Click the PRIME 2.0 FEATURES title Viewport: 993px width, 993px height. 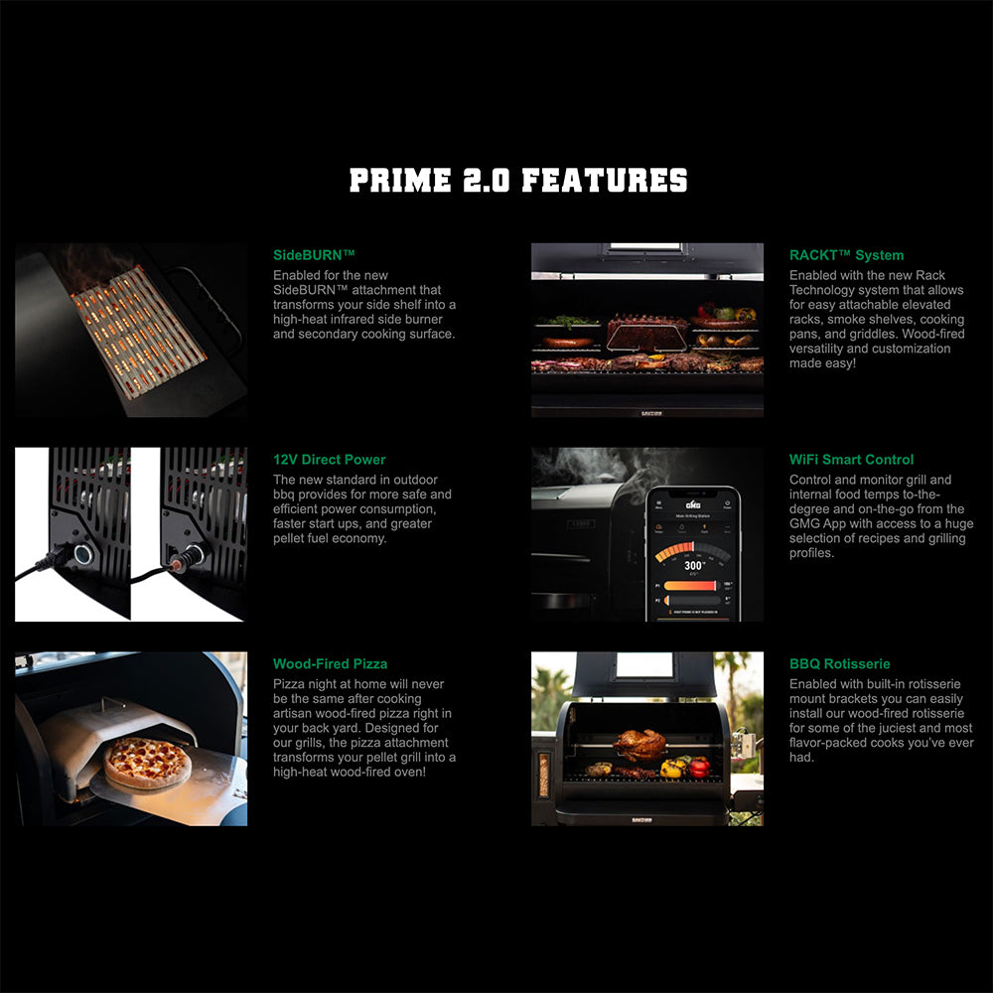pos(518,180)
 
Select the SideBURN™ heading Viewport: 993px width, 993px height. pos(314,255)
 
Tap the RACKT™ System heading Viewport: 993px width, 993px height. pos(846,255)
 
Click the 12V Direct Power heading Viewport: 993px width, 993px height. pos(329,460)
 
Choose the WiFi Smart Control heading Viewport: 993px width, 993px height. pos(851,460)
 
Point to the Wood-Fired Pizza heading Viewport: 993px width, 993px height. pos(330,664)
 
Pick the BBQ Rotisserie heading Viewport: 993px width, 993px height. pos(839,664)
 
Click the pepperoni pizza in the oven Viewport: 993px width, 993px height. pos(148,762)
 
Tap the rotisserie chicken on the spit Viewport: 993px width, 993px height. pos(639,744)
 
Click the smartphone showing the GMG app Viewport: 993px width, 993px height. pos(693,553)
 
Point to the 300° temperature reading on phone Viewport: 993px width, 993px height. pos(694,565)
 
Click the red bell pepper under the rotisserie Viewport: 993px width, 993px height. pos(699,767)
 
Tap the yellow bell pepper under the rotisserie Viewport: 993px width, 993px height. pos(674,767)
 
